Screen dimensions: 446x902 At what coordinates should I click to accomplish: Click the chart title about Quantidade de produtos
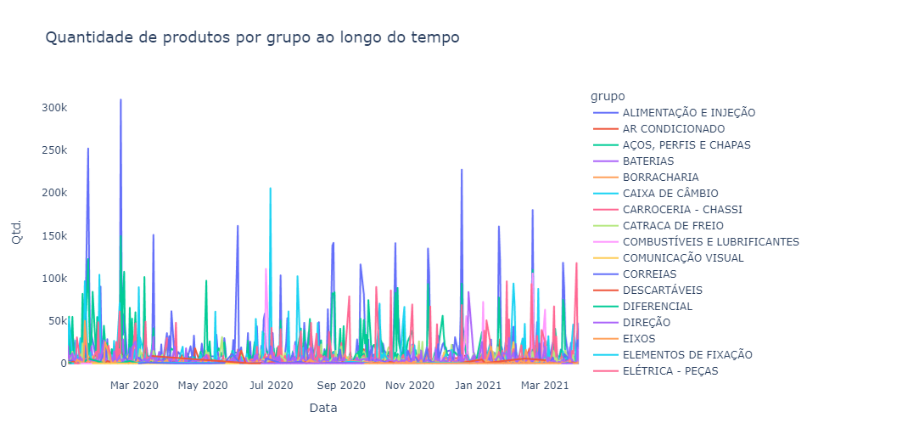[x=252, y=37]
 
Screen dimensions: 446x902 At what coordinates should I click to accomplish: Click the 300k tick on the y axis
[x=53, y=108]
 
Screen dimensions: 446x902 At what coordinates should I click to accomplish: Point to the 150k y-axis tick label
[x=53, y=235]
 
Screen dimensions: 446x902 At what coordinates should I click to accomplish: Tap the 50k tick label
[x=55, y=321]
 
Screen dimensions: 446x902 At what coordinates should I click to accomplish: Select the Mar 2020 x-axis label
[x=134, y=386]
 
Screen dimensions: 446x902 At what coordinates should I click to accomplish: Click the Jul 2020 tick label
[x=272, y=386]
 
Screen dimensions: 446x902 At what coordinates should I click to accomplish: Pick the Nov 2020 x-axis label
[x=409, y=386]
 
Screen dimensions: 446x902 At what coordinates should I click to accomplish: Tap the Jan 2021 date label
[x=478, y=386]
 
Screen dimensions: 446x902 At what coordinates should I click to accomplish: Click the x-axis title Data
[x=322, y=409]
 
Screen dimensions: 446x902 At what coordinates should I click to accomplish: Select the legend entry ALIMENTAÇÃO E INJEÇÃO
[x=688, y=113]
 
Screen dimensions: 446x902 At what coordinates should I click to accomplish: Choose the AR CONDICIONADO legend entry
[x=673, y=129]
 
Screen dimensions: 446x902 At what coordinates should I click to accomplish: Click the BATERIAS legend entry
[x=647, y=161]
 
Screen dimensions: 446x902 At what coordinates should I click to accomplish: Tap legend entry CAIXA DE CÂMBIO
[x=669, y=194]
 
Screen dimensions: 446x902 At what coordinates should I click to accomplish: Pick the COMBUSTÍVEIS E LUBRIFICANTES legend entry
[x=710, y=242]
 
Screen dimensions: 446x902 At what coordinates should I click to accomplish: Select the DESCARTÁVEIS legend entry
[x=662, y=291]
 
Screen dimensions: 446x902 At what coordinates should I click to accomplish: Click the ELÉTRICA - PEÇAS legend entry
[x=669, y=371]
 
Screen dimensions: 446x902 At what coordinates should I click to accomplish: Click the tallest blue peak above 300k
[x=121, y=100]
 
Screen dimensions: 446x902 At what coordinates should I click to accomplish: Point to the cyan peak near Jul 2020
[x=271, y=189]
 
